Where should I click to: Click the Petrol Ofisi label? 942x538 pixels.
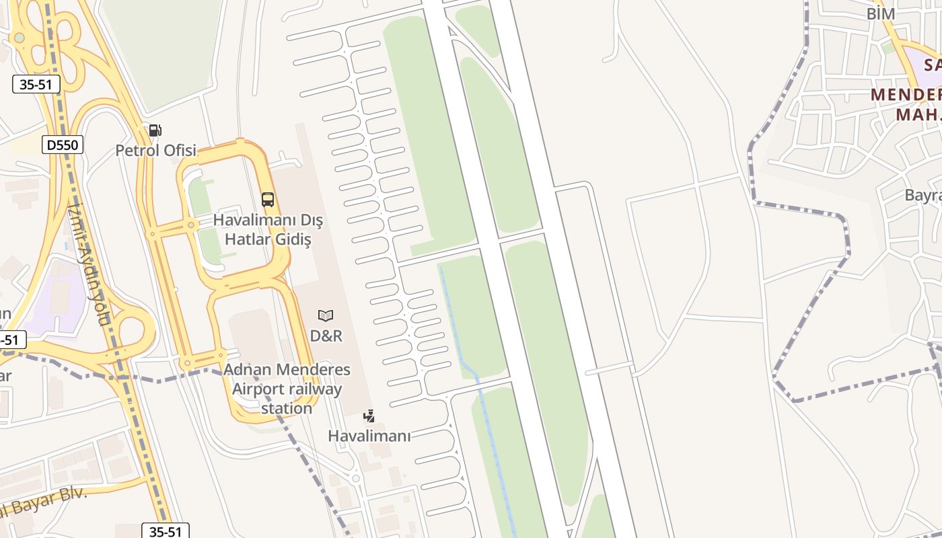tap(155, 150)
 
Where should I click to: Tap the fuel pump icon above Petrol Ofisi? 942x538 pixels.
tap(155, 130)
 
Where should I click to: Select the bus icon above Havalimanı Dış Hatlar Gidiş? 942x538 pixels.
tap(268, 199)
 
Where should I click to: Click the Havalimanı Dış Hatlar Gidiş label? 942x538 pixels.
tap(268, 229)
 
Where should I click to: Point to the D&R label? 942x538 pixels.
tap(326, 335)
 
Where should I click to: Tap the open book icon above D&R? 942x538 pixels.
tap(326, 315)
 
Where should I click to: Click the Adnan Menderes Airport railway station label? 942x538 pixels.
tap(287, 389)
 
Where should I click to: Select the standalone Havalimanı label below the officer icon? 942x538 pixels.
tap(369, 436)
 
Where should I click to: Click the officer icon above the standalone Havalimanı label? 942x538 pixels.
tap(369, 416)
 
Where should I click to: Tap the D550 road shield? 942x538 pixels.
tap(63, 144)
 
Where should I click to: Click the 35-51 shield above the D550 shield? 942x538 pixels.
tap(36, 84)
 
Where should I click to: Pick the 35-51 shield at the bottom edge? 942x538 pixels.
tap(165, 531)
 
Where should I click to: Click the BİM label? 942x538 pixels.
tap(880, 13)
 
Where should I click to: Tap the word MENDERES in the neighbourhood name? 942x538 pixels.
tap(906, 94)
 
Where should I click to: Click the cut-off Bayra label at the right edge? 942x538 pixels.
tap(923, 195)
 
